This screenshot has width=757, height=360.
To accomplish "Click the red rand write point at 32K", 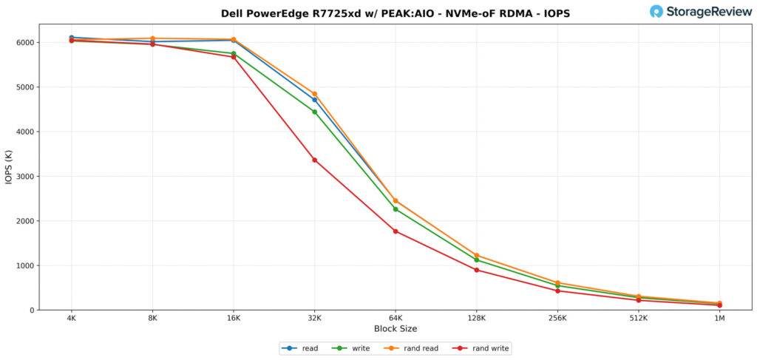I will coord(315,160).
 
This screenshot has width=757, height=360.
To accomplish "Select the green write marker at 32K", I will coord(315,112).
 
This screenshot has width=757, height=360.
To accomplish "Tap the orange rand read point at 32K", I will coord(315,94).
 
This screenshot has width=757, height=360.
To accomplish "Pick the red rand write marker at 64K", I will coord(396,231).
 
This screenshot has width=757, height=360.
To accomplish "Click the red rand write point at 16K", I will coord(234,57).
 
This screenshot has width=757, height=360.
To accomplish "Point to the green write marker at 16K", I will coord(234,53).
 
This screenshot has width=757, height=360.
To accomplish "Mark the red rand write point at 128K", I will coord(477,270).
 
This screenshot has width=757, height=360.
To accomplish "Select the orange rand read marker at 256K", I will coord(557,282).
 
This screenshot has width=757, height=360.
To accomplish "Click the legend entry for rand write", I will coord(484,348).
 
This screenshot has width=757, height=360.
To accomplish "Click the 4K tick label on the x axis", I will coord(71,318).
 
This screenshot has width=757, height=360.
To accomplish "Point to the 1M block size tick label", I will coord(719,318).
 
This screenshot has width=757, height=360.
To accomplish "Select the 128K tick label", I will coord(477,318).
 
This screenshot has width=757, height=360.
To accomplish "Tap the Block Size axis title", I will coord(396,329).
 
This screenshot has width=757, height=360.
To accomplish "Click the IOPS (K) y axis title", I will coord(9,167).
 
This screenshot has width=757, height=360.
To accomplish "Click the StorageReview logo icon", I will coord(656,11).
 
